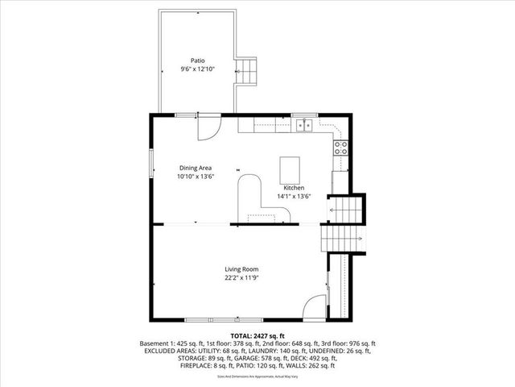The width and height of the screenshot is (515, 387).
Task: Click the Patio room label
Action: click(x=197, y=60)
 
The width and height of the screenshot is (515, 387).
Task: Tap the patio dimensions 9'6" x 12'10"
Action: click(x=197, y=69)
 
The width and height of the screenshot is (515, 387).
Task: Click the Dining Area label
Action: click(x=196, y=167)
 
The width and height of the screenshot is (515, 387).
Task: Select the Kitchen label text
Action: click(x=294, y=187)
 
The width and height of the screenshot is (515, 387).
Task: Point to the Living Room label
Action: click(x=241, y=269)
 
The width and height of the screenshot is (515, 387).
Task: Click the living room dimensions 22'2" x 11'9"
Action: click(x=241, y=278)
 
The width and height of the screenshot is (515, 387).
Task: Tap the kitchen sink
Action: click(x=303, y=125)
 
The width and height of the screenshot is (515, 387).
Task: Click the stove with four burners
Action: click(x=340, y=147)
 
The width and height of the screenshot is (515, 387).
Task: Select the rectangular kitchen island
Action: click(x=290, y=170)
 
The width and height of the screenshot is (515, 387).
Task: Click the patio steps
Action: click(x=246, y=72)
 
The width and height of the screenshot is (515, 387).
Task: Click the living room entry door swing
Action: click(x=316, y=307)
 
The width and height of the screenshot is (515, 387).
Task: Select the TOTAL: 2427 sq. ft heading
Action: click(x=257, y=335)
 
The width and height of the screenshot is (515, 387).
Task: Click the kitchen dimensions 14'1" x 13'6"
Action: click(x=294, y=196)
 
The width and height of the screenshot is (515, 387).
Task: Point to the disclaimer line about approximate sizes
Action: click(x=257, y=377)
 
